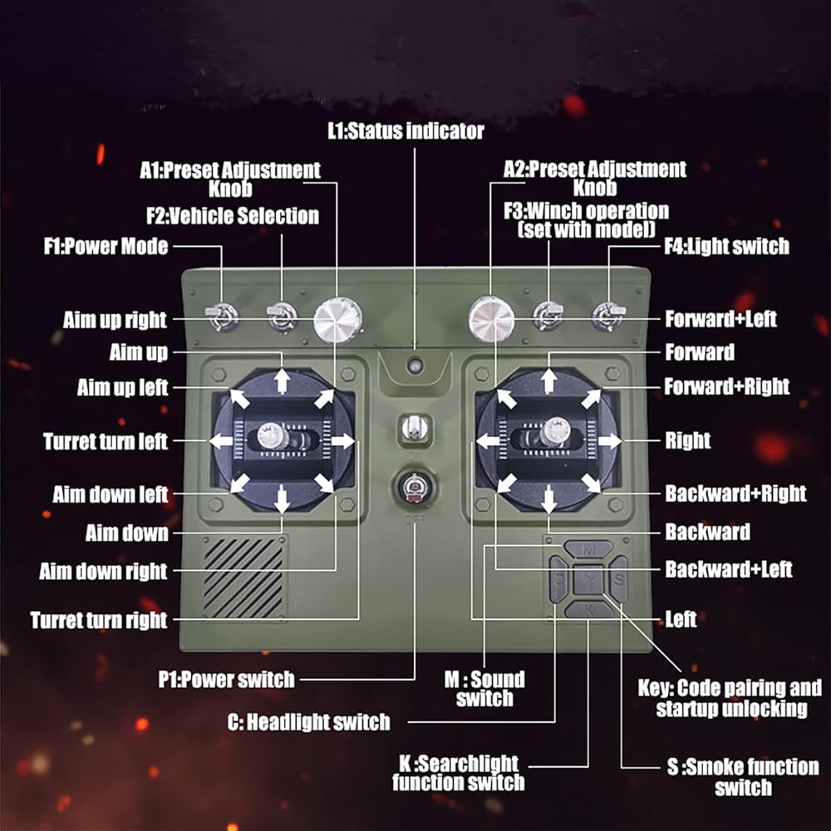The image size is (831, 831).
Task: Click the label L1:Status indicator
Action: click(405, 130)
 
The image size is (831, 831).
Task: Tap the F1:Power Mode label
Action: click(106, 246)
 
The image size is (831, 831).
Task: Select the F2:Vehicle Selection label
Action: click(233, 216)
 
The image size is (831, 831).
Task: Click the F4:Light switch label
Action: click(725, 246)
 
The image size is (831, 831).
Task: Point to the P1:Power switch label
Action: click(227, 680)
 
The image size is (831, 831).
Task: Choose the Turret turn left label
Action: click(106, 440)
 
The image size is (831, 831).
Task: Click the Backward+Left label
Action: click(729, 570)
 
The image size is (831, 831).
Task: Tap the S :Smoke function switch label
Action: click(743, 776)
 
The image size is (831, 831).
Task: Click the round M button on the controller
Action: click(589, 549)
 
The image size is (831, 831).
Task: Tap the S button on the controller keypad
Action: click(618, 578)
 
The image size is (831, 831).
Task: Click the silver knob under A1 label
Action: click(337, 319)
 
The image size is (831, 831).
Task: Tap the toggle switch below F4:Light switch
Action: click(607, 315)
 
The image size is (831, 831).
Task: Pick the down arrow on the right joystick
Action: click(548, 499)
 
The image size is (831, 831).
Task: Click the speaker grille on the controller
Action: click(243, 577)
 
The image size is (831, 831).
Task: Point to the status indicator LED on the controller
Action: click(413, 365)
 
